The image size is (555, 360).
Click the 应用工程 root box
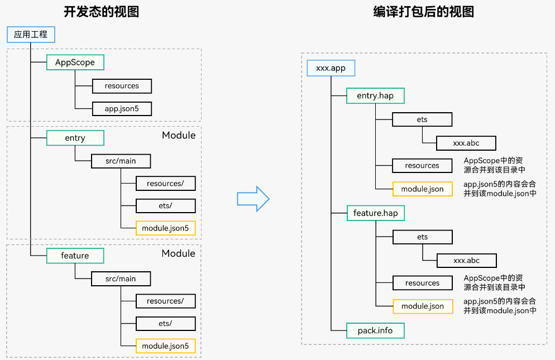31,35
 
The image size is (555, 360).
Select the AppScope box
75,63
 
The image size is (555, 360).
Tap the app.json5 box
122,109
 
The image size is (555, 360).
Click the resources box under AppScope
122,86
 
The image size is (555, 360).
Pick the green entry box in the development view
75,138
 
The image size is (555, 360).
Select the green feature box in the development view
75,256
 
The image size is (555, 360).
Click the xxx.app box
331,68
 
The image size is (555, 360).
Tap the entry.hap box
375,95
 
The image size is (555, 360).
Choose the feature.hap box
375,213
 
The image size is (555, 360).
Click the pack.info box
375,330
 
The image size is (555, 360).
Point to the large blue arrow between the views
253,199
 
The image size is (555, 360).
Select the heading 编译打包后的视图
423,12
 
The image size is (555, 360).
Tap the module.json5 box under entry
165,228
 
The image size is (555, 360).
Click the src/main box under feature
121,279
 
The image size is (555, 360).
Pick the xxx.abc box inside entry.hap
466,143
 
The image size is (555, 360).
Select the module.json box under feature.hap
423,306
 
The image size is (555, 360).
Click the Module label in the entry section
179,135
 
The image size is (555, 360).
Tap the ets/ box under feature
165,324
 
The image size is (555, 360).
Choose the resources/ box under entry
165,184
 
